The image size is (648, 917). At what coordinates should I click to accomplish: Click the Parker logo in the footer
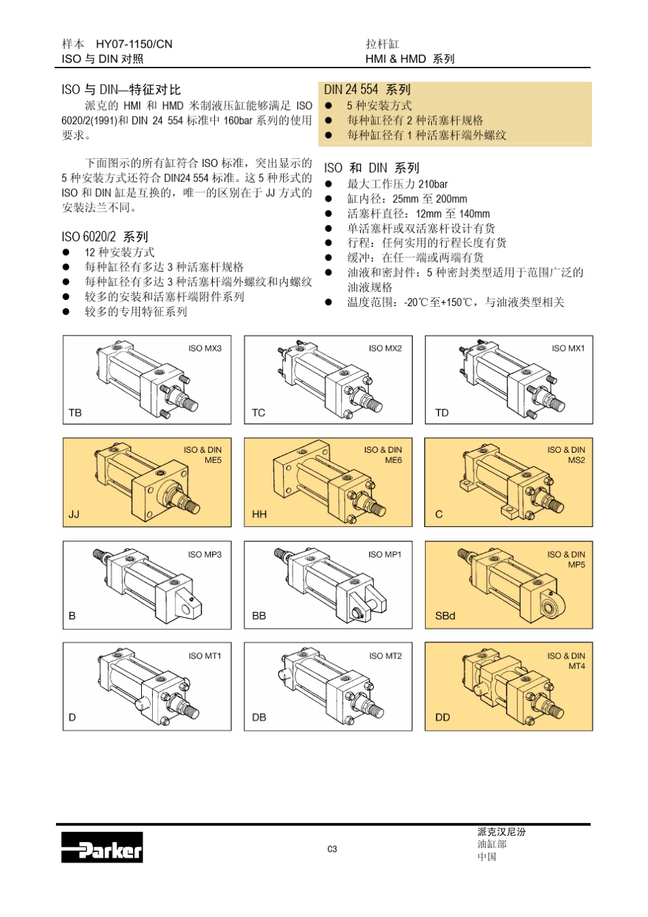(x=102, y=847)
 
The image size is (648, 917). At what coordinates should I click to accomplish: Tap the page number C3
(x=332, y=849)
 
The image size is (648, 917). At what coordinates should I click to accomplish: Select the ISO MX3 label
(x=205, y=348)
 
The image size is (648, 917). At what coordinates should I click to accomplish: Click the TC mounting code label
(x=259, y=412)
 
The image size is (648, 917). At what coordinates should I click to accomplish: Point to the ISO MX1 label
(x=568, y=348)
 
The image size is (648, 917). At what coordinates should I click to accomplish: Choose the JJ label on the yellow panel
(x=74, y=514)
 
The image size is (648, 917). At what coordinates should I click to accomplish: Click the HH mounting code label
(x=259, y=514)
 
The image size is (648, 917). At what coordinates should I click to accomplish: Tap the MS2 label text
(x=576, y=460)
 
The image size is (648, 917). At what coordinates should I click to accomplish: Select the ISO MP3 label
(x=205, y=554)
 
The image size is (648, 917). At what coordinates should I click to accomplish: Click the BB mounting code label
(x=259, y=616)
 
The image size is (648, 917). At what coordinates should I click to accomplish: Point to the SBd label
(x=445, y=616)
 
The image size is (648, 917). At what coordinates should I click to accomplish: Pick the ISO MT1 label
(x=205, y=656)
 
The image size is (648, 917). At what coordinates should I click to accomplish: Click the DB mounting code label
(x=259, y=717)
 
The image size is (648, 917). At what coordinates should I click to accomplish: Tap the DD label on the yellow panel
(x=443, y=717)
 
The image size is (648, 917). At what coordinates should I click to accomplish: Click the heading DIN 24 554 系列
(x=367, y=89)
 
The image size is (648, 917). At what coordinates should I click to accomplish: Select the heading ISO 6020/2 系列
(x=104, y=237)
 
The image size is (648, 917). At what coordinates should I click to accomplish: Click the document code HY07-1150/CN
(x=134, y=44)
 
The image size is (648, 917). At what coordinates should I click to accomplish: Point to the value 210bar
(x=433, y=184)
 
